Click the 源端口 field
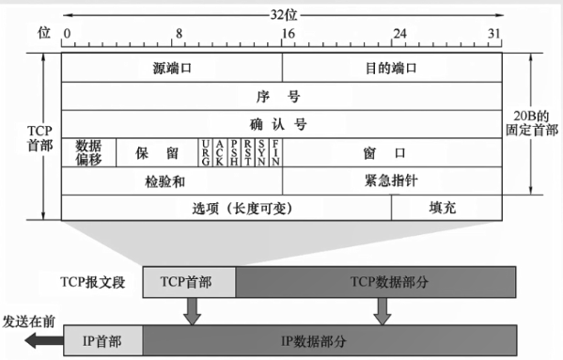(x=172, y=69)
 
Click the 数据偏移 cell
(x=88, y=152)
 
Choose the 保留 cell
(x=156, y=152)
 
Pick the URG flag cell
(x=205, y=152)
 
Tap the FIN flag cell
(x=275, y=152)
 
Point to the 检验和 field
(x=172, y=180)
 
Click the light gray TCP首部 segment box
(x=188, y=281)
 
